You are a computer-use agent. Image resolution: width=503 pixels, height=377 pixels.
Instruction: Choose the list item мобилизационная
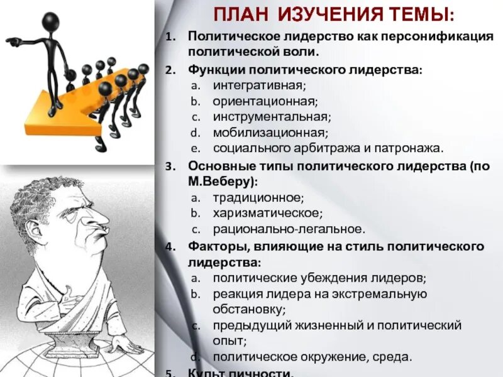click(x=262, y=133)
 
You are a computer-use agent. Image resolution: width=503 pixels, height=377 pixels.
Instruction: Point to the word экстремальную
click(x=378, y=294)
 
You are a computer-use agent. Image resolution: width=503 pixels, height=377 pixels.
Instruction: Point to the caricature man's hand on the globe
click(x=126, y=345)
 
